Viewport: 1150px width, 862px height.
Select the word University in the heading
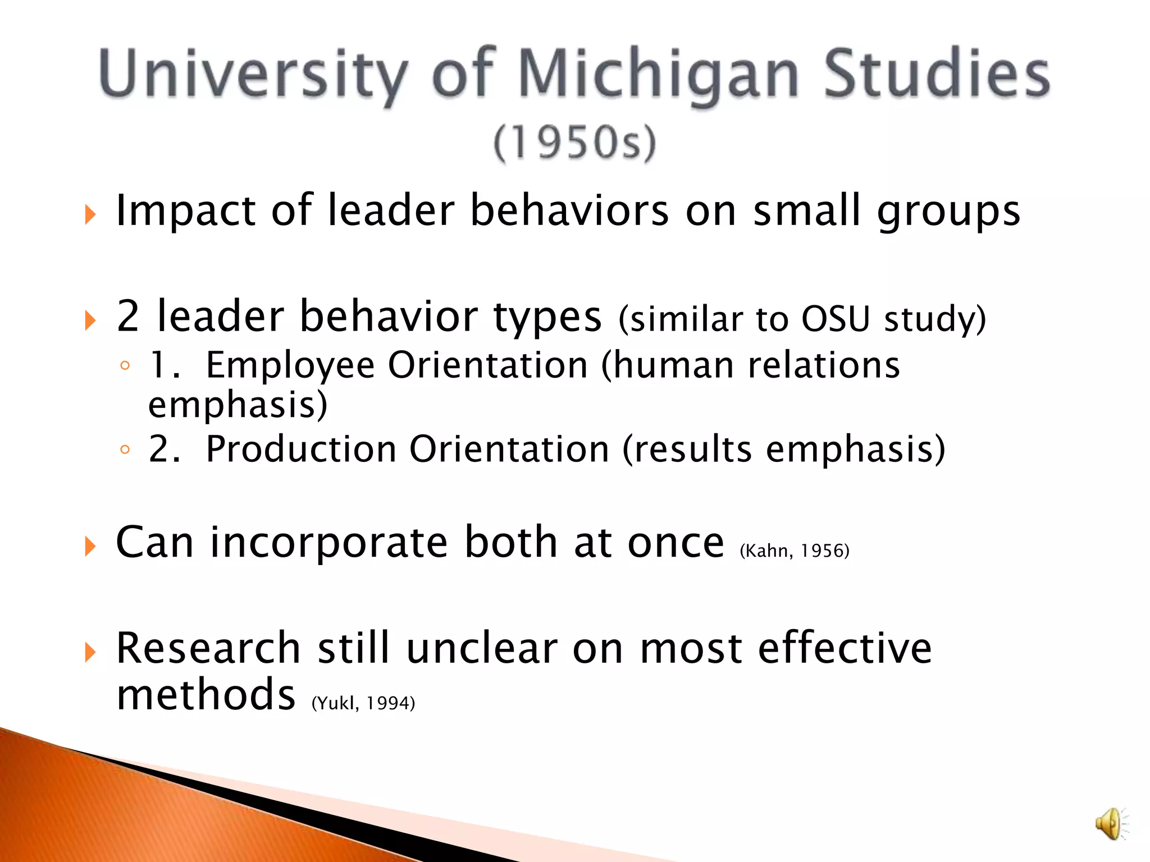pyautogui.click(x=253, y=76)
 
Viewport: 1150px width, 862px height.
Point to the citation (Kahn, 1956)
pyautogui.click(x=795, y=551)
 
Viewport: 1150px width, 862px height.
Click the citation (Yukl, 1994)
pyautogui.click(x=363, y=703)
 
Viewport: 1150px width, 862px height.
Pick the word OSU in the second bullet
pyautogui.click(x=836, y=319)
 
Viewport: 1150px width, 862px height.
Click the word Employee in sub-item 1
pyautogui.click(x=290, y=365)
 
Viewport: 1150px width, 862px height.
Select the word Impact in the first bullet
pyautogui.click(x=186, y=211)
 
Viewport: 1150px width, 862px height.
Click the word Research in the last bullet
pyautogui.click(x=208, y=649)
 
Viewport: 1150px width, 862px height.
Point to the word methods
pyautogui.click(x=206, y=695)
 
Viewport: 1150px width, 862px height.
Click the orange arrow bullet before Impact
pyautogui.click(x=90, y=214)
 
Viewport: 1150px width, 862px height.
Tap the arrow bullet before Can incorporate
pyautogui.click(x=90, y=546)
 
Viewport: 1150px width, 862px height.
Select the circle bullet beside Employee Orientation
pyautogui.click(x=125, y=366)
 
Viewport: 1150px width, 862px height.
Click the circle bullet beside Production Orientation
pyautogui.click(x=125, y=450)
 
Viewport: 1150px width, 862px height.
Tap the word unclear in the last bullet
pyautogui.click(x=482, y=649)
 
